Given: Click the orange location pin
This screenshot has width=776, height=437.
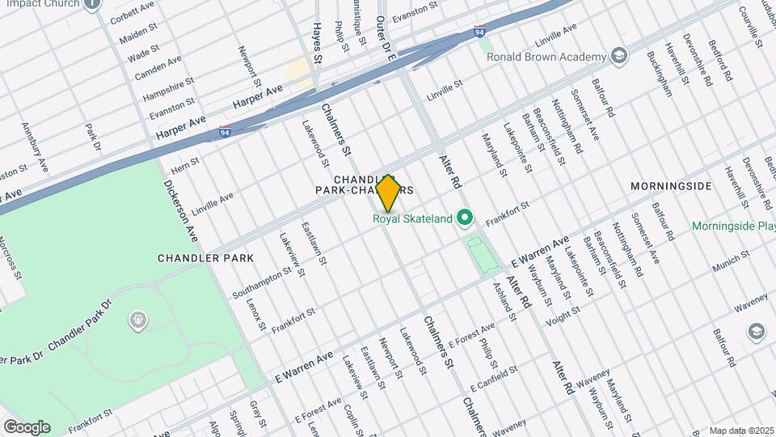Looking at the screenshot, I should click(x=388, y=193).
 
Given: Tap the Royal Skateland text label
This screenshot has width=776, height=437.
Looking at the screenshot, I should click(x=412, y=218).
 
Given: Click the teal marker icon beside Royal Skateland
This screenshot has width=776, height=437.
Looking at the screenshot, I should click(x=464, y=217).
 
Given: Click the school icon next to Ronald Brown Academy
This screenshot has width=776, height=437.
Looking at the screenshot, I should click(x=619, y=56).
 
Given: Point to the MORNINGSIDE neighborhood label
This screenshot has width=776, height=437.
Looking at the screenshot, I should click(x=672, y=186).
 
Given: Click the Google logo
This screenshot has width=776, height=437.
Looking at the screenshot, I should click(x=27, y=426).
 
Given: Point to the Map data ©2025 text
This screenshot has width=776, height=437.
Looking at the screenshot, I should click(x=741, y=431).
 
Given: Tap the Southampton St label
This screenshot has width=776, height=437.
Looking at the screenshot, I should click(x=262, y=280).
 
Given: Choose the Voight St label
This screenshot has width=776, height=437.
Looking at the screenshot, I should click(x=563, y=315).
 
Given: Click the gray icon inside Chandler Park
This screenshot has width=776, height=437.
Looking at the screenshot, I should click(x=137, y=321).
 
